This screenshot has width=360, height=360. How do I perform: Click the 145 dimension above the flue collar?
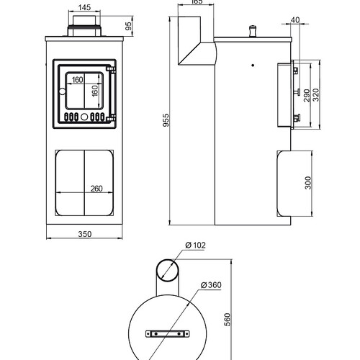84,7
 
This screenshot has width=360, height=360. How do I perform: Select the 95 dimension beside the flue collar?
129,26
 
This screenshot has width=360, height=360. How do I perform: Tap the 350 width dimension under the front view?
85,234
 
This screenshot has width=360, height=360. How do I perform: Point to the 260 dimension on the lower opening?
96,189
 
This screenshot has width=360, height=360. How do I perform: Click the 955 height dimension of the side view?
166,120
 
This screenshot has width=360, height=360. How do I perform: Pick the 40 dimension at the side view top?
295,20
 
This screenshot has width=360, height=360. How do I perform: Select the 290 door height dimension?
307,95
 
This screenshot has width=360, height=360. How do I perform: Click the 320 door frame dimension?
316,95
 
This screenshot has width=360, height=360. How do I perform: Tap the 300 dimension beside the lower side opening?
308,183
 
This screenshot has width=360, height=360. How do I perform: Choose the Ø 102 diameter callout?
196,246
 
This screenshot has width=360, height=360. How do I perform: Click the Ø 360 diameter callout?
211,285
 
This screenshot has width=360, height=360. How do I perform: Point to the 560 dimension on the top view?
227,320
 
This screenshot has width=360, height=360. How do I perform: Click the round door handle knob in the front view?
62,91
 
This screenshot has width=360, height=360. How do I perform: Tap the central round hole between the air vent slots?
84,117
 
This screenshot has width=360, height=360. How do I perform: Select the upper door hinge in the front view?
111,70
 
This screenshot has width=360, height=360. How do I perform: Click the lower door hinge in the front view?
111,118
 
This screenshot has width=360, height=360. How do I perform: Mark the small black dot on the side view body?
253,65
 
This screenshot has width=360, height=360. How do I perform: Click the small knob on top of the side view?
253,31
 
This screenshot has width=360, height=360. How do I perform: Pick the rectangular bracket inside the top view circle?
167,333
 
